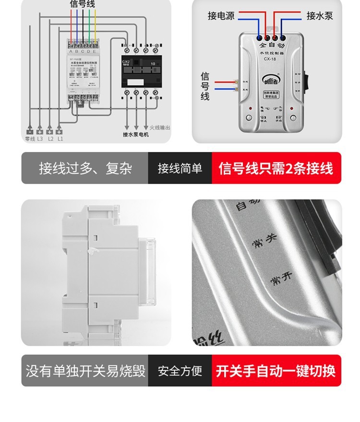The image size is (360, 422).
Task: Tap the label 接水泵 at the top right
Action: [320, 16]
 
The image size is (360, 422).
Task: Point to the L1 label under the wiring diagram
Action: [60, 139]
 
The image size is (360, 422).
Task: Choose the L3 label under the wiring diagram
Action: [40, 139]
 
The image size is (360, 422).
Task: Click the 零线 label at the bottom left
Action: [29, 139]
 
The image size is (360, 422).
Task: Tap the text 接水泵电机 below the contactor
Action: [136, 135]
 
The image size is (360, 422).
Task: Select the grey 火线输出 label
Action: [159, 128]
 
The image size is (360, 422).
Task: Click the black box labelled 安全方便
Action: [180, 371]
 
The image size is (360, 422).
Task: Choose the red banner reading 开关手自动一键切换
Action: [276, 371]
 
